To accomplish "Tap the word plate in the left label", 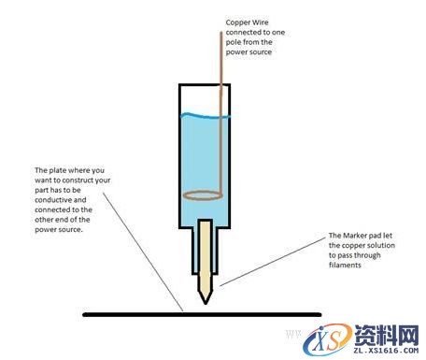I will tap(56, 171).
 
